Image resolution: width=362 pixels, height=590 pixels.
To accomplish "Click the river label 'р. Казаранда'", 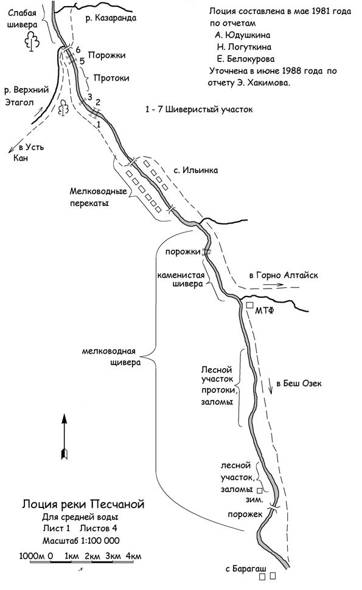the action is (x=110, y=18).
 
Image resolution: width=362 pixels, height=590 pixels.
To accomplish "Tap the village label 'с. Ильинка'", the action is (x=195, y=170).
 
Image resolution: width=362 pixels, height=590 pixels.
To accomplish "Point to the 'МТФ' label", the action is (x=265, y=311).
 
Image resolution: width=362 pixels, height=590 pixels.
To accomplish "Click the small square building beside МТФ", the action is (x=249, y=305).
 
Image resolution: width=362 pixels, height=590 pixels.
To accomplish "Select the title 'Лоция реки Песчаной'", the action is (x=83, y=504).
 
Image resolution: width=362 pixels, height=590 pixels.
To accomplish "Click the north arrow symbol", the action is (x=64, y=436).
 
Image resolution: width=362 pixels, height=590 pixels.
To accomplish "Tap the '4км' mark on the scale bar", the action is (x=133, y=556).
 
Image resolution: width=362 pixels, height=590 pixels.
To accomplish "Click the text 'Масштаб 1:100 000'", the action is (x=80, y=541).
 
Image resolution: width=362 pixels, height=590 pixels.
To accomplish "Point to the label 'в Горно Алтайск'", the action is (x=284, y=275).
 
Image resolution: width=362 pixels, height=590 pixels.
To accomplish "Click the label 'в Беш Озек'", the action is (x=299, y=384).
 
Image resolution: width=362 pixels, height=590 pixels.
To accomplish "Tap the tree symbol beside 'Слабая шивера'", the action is (x=32, y=40).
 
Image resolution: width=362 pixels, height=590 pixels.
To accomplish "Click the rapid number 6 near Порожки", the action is (x=78, y=50).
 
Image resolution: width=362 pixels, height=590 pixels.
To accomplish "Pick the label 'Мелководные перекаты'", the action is (x=98, y=197).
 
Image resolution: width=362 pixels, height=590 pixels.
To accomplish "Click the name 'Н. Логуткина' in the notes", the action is (x=244, y=47).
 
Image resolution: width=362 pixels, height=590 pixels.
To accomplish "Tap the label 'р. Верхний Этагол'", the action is (x=26, y=96).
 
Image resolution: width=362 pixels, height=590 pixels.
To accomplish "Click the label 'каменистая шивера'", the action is (x=181, y=279).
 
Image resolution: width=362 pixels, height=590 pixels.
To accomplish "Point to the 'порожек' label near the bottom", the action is (x=245, y=514).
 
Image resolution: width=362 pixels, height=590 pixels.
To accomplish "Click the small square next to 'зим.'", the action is (x=259, y=491).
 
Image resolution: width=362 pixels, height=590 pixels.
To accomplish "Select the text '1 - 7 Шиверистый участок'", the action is (x=200, y=109).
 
